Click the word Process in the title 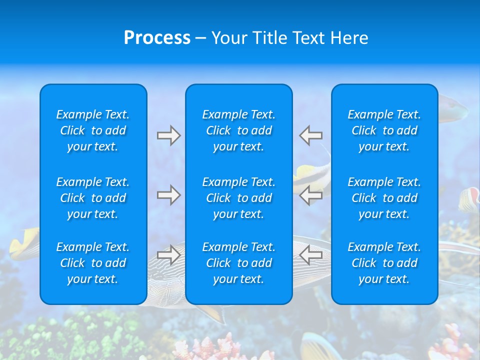pos(157,38)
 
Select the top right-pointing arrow pos(168,135)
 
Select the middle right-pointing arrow pos(168,195)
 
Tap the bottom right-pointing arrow pos(168,255)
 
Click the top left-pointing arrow pos(311,135)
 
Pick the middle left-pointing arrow pos(311,195)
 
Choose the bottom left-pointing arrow pos(311,255)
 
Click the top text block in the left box pos(93,130)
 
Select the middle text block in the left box pos(93,198)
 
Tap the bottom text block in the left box pos(93,263)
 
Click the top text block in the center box pos(238,130)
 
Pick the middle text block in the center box pos(238,198)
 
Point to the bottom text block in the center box pos(238,263)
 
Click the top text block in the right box pos(384,130)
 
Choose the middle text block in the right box pos(384,198)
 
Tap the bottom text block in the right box pos(384,263)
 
